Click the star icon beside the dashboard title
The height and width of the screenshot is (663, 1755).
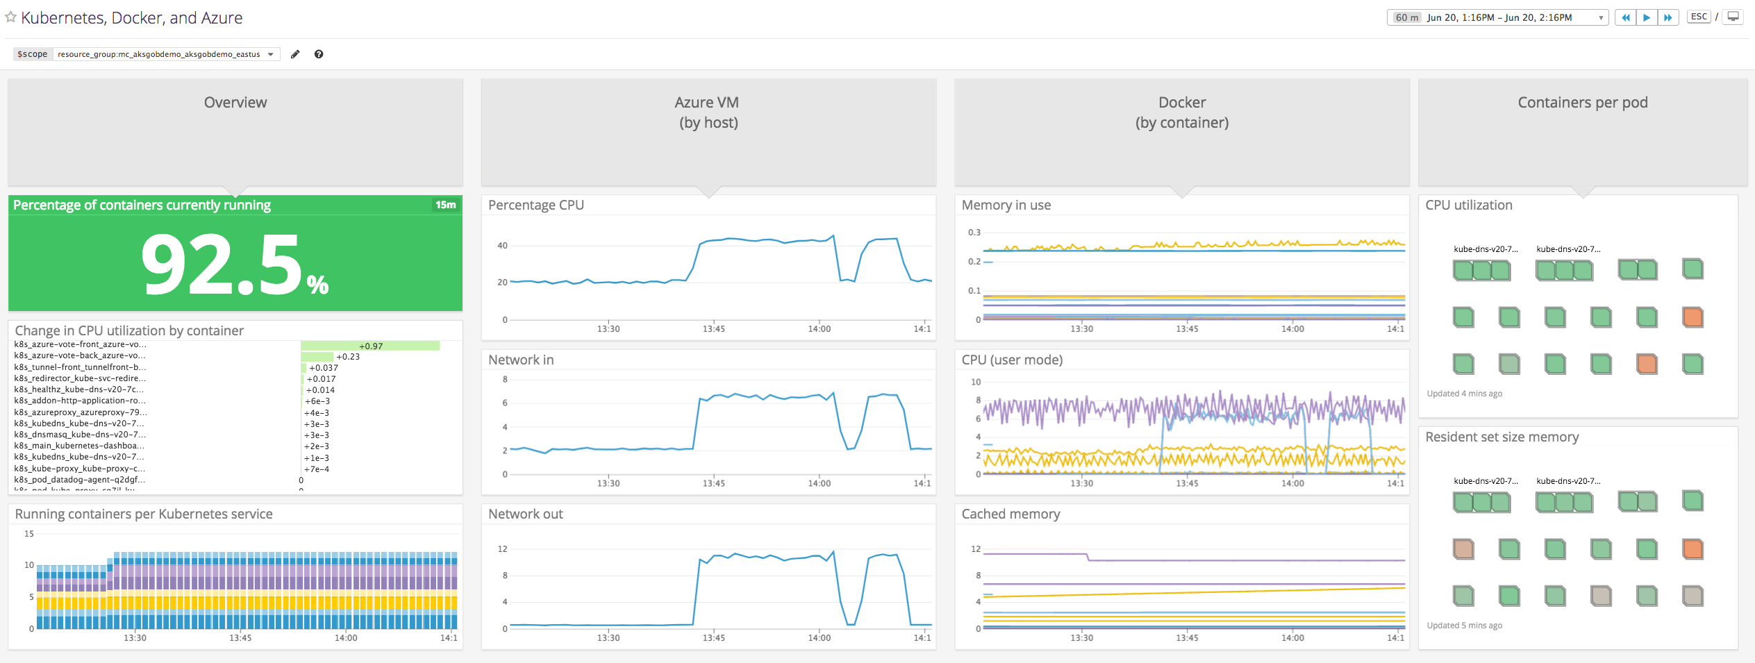(x=10, y=17)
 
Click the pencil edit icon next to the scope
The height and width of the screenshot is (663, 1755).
(x=295, y=54)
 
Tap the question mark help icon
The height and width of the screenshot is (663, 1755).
(x=319, y=54)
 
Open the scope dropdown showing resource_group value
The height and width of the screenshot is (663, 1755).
(x=166, y=54)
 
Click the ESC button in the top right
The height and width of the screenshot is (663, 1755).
(x=1699, y=17)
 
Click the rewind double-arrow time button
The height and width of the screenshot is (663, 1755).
(x=1625, y=17)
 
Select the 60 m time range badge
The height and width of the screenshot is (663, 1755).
(x=1406, y=17)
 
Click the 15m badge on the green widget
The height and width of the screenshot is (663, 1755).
(x=445, y=205)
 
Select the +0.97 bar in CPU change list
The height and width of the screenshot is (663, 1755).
(x=370, y=346)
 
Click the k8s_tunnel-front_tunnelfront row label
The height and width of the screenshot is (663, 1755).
(x=80, y=367)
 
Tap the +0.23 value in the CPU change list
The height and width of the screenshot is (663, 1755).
(x=348, y=357)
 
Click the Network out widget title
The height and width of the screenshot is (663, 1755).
(x=525, y=514)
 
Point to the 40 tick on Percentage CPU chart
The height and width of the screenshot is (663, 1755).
(x=502, y=246)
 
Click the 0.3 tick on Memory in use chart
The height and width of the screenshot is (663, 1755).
(x=974, y=233)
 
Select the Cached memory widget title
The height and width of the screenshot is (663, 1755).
(x=1010, y=514)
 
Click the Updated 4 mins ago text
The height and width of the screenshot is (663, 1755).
(x=1464, y=394)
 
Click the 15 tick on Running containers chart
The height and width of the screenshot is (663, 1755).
(x=29, y=534)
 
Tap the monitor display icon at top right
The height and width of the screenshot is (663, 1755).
(x=1733, y=17)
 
